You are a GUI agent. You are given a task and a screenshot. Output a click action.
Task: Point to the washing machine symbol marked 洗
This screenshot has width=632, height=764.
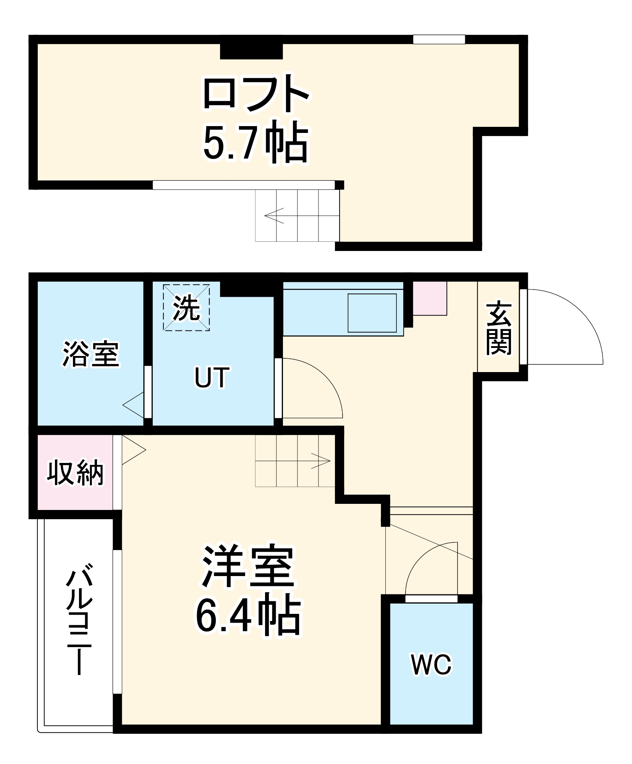tap(186, 308)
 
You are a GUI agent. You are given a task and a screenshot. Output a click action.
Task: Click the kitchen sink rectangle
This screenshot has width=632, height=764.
tap(372, 313)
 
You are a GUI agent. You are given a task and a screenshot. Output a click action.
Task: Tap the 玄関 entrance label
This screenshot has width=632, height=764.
tap(498, 329)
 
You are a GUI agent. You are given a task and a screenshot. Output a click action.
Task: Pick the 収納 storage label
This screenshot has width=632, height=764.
tap(75, 473)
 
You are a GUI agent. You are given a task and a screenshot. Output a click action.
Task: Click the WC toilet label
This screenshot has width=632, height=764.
tap(431, 665)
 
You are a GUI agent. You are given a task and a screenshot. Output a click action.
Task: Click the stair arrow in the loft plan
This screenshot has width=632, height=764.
tap(274, 215)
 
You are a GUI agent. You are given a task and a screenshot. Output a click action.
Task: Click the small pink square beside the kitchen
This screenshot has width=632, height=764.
tap(430, 298)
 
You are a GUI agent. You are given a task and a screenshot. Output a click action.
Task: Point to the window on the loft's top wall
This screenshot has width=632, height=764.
tap(439, 39)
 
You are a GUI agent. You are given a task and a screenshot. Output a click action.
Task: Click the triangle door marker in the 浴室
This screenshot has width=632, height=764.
tap(134, 405)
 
